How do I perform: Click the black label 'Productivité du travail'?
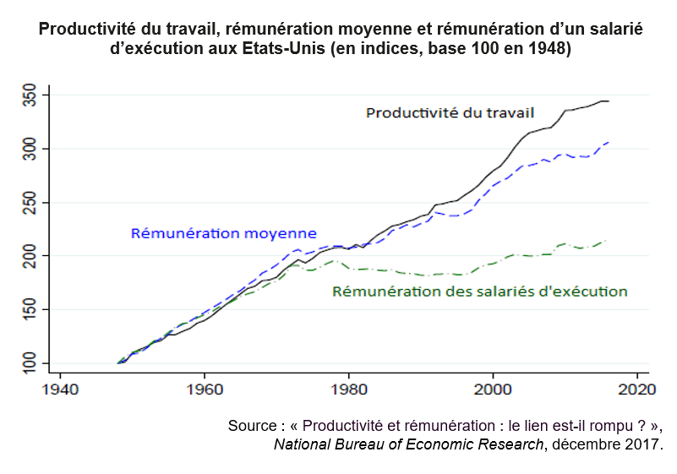click(x=450, y=112)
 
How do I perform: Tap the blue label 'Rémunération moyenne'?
click(x=223, y=233)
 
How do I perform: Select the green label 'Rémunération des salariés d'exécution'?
click(x=479, y=292)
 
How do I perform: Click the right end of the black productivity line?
click(x=609, y=101)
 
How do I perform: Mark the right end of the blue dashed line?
click(x=609, y=142)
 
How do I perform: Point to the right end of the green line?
click(x=607, y=241)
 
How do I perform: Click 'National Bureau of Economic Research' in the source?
click(x=408, y=444)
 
